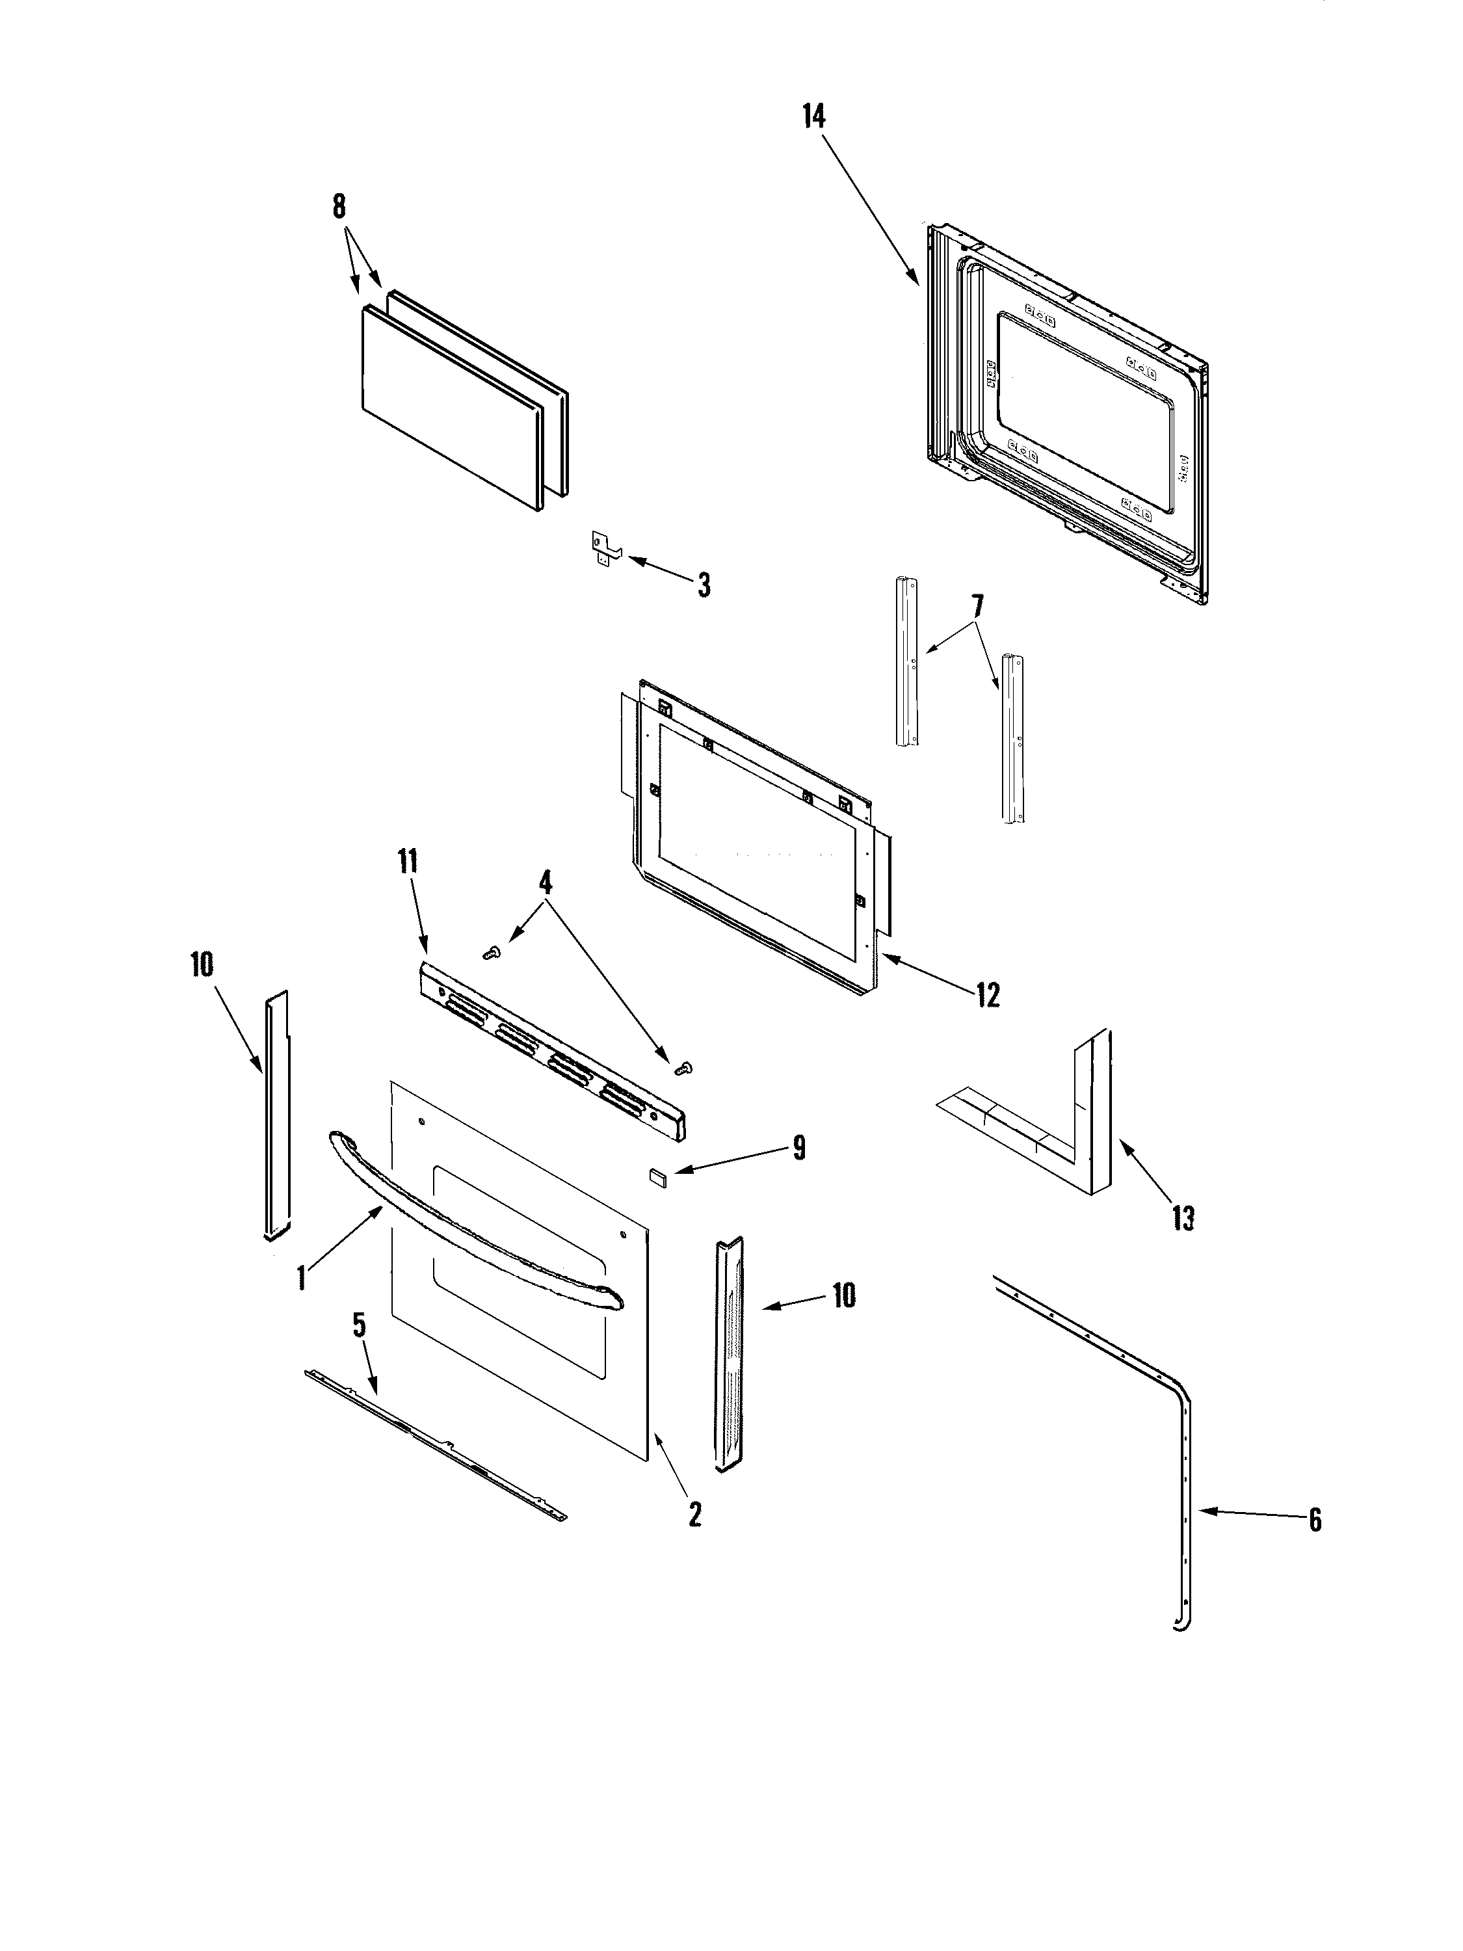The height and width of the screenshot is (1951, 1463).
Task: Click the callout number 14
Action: (x=813, y=116)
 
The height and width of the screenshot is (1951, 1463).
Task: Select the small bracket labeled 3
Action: (x=603, y=548)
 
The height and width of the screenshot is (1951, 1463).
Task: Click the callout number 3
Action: (x=703, y=585)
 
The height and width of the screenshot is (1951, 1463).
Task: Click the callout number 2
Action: (x=695, y=1515)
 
